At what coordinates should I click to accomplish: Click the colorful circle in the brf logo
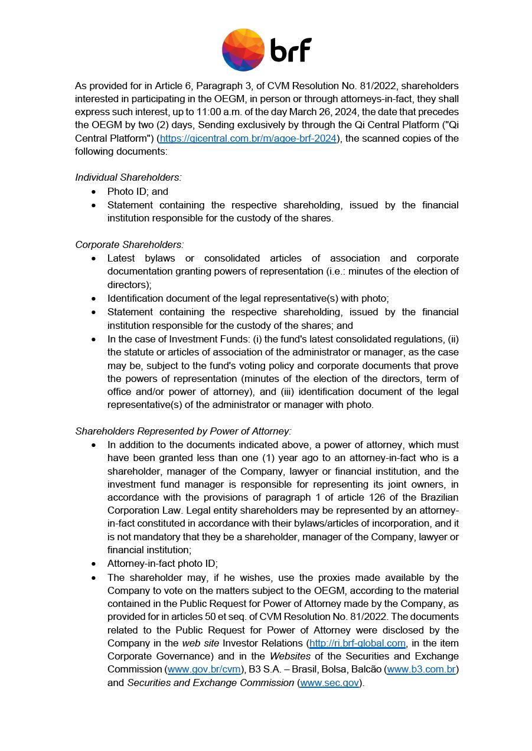243,50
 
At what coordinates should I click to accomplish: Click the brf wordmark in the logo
291,50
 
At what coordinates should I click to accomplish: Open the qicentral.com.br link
248,138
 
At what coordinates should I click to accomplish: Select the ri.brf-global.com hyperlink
357,643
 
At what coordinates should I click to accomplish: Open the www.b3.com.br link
421,669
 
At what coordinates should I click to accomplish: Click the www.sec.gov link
329,683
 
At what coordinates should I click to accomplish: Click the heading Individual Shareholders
128,177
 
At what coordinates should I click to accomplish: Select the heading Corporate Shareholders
129,244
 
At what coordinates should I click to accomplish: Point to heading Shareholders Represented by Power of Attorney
183,431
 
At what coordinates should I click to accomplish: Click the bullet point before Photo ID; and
94,191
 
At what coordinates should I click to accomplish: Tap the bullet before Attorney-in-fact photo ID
94,564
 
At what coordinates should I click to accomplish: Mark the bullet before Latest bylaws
94,258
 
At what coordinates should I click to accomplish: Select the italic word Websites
290,656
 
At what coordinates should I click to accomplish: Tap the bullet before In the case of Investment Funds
94,339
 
